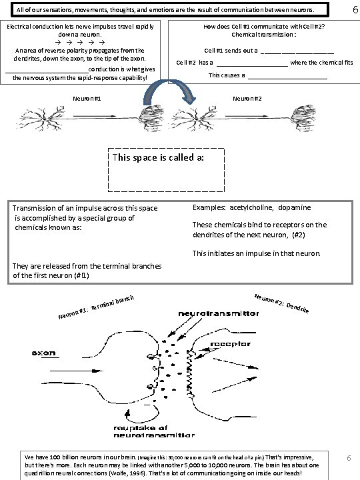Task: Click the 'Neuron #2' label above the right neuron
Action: click(x=247, y=99)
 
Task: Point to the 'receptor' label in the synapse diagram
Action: click(x=230, y=344)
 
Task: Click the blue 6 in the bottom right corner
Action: click(x=348, y=459)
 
